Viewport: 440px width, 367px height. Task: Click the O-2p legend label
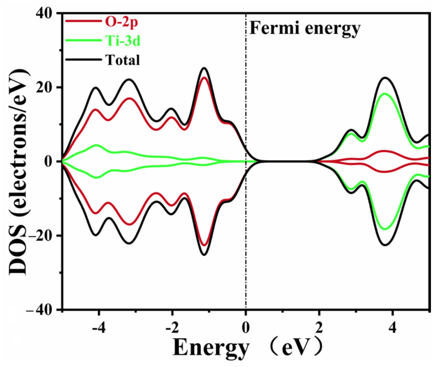pos(121,22)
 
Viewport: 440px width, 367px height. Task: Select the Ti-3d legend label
pos(123,41)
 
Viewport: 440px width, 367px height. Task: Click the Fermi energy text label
pos(304,29)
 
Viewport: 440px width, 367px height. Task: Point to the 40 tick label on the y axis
pos(45,14)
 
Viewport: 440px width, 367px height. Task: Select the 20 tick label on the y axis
pos(45,87)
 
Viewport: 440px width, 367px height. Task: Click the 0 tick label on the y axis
pos(49,161)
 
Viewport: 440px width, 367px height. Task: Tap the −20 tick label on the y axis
pos(40,235)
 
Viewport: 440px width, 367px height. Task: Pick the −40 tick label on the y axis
pos(40,310)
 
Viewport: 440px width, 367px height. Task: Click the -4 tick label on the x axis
pos(99,328)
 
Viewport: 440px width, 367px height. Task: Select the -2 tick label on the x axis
pos(172,328)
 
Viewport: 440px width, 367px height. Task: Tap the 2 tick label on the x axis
pos(319,328)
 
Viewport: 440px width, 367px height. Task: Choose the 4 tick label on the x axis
pos(392,328)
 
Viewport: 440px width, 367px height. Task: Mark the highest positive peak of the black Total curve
pos(204,68)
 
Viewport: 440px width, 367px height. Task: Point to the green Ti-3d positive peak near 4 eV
pos(385,94)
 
